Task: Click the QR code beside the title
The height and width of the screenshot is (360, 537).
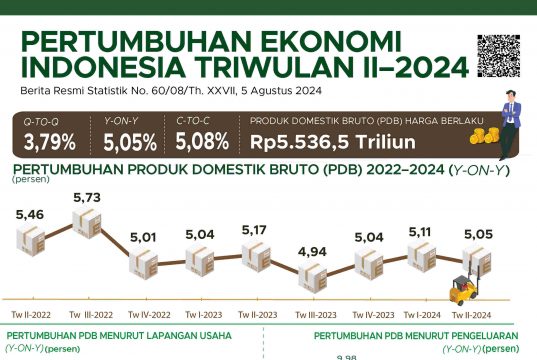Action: pyautogui.click(x=499, y=55)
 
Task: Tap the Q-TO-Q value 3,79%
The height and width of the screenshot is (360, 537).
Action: pyautogui.click(x=50, y=142)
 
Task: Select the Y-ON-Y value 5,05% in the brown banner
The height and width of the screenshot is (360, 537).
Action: pyautogui.click(x=130, y=142)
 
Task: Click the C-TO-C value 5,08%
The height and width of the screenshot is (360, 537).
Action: pyautogui.click(x=202, y=141)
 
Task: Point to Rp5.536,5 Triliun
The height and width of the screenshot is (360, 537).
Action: pyautogui.click(x=333, y=141)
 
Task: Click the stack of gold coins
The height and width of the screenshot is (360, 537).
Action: pyautogui.click(x=484, y=135)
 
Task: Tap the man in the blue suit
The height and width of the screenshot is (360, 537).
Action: pyautogui.click(x=511, y=125)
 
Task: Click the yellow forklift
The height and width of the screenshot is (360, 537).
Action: pyautogui.click(x=463, y=288)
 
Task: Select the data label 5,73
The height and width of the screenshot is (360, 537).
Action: pyautogui.click(x=87, y=198)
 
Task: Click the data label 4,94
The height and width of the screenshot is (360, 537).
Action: pyautogui.click(x=312, y=252)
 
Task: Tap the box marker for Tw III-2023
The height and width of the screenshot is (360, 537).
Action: pyautogui.click(x=313, y=277)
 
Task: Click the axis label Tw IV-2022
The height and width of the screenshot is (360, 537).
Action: pyautogui.click(x=149, y=315)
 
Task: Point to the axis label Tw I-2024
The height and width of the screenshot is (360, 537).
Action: pyautogui.click(x=422, y=315)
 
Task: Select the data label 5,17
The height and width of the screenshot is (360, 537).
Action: pyautogui.click(x=254, y=230)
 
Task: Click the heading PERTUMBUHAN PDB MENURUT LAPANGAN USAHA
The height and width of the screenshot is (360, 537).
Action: pyautogui.click(x=119, y=336)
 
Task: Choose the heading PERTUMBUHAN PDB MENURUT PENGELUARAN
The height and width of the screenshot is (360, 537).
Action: pyautogui.click(x=416, y=336)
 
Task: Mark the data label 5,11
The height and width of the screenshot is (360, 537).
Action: pyautogui.click(x=420, y=232)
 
